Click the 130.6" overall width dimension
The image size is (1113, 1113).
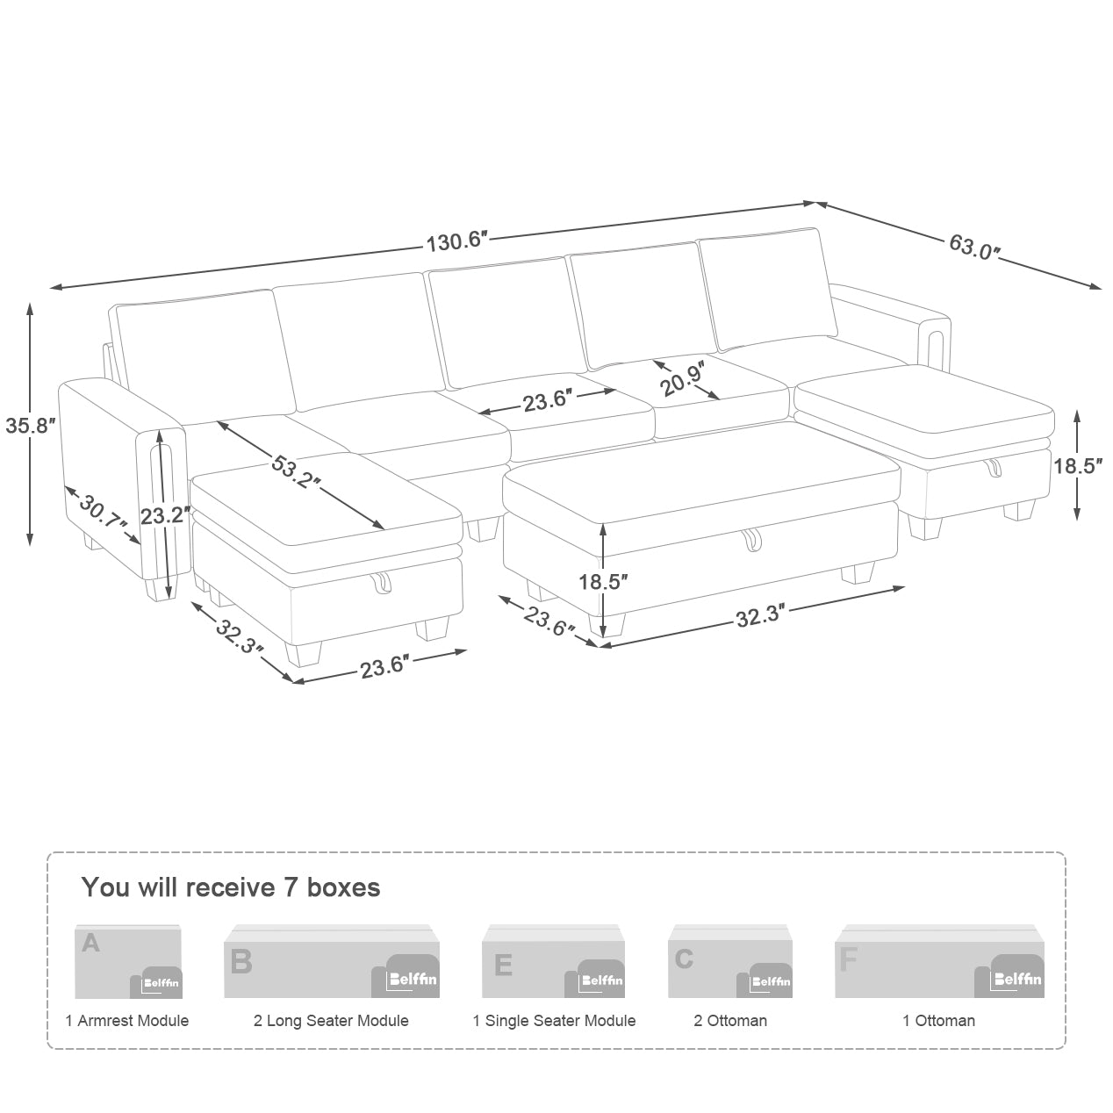[x=456, y=241]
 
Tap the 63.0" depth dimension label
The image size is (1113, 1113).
[x=974, y=247]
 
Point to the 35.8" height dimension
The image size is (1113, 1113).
[x=31, y=426]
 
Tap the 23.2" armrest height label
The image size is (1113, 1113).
[x=165, y=515]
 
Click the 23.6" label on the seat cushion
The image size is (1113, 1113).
[x=548, y=401]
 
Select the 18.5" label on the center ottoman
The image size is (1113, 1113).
[x=603, y=582]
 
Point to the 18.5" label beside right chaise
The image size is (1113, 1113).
[x=1078, y=465]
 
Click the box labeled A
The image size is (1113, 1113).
[x=128, y=961]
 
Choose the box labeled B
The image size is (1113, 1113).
[x=332, y=960]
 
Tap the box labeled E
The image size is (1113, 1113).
[x=553, y=960]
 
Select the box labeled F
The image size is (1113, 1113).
[x=939, y=960]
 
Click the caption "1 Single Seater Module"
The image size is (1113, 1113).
[x=554, y=1021]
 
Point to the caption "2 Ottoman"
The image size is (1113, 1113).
[x=730, y=1021]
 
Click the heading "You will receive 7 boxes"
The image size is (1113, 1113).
[x=231, y=887]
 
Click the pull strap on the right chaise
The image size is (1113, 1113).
[x=995, y=467]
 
